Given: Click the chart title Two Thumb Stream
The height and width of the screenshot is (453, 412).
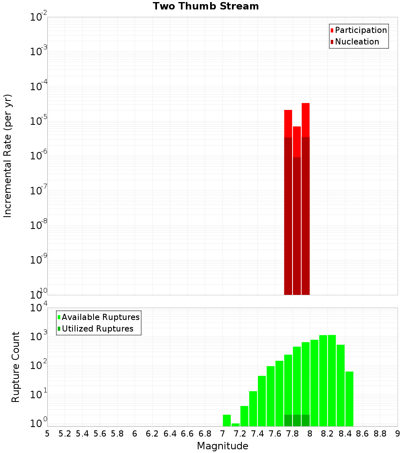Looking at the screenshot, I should click(206, 7).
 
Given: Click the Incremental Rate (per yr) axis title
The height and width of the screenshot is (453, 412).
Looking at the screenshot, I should click(7, 156).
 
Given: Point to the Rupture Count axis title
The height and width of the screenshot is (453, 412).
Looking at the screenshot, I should click(16, 367).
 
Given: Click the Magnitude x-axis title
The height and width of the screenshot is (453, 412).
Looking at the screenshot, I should click(222, 446).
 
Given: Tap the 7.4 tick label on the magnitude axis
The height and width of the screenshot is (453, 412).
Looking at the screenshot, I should click(257, 434).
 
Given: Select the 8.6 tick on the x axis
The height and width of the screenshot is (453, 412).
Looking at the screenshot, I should click(362, 434).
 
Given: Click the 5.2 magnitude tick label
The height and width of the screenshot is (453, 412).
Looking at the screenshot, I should click(65, 434).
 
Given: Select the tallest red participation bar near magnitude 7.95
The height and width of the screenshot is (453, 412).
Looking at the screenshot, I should click(305, 120).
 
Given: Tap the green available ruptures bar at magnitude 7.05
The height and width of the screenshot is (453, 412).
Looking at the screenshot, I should click(227, 420).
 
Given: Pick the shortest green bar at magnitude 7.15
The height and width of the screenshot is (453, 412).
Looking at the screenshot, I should click(235, 425).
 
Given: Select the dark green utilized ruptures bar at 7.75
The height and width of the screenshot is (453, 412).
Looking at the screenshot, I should click(288, 420).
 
